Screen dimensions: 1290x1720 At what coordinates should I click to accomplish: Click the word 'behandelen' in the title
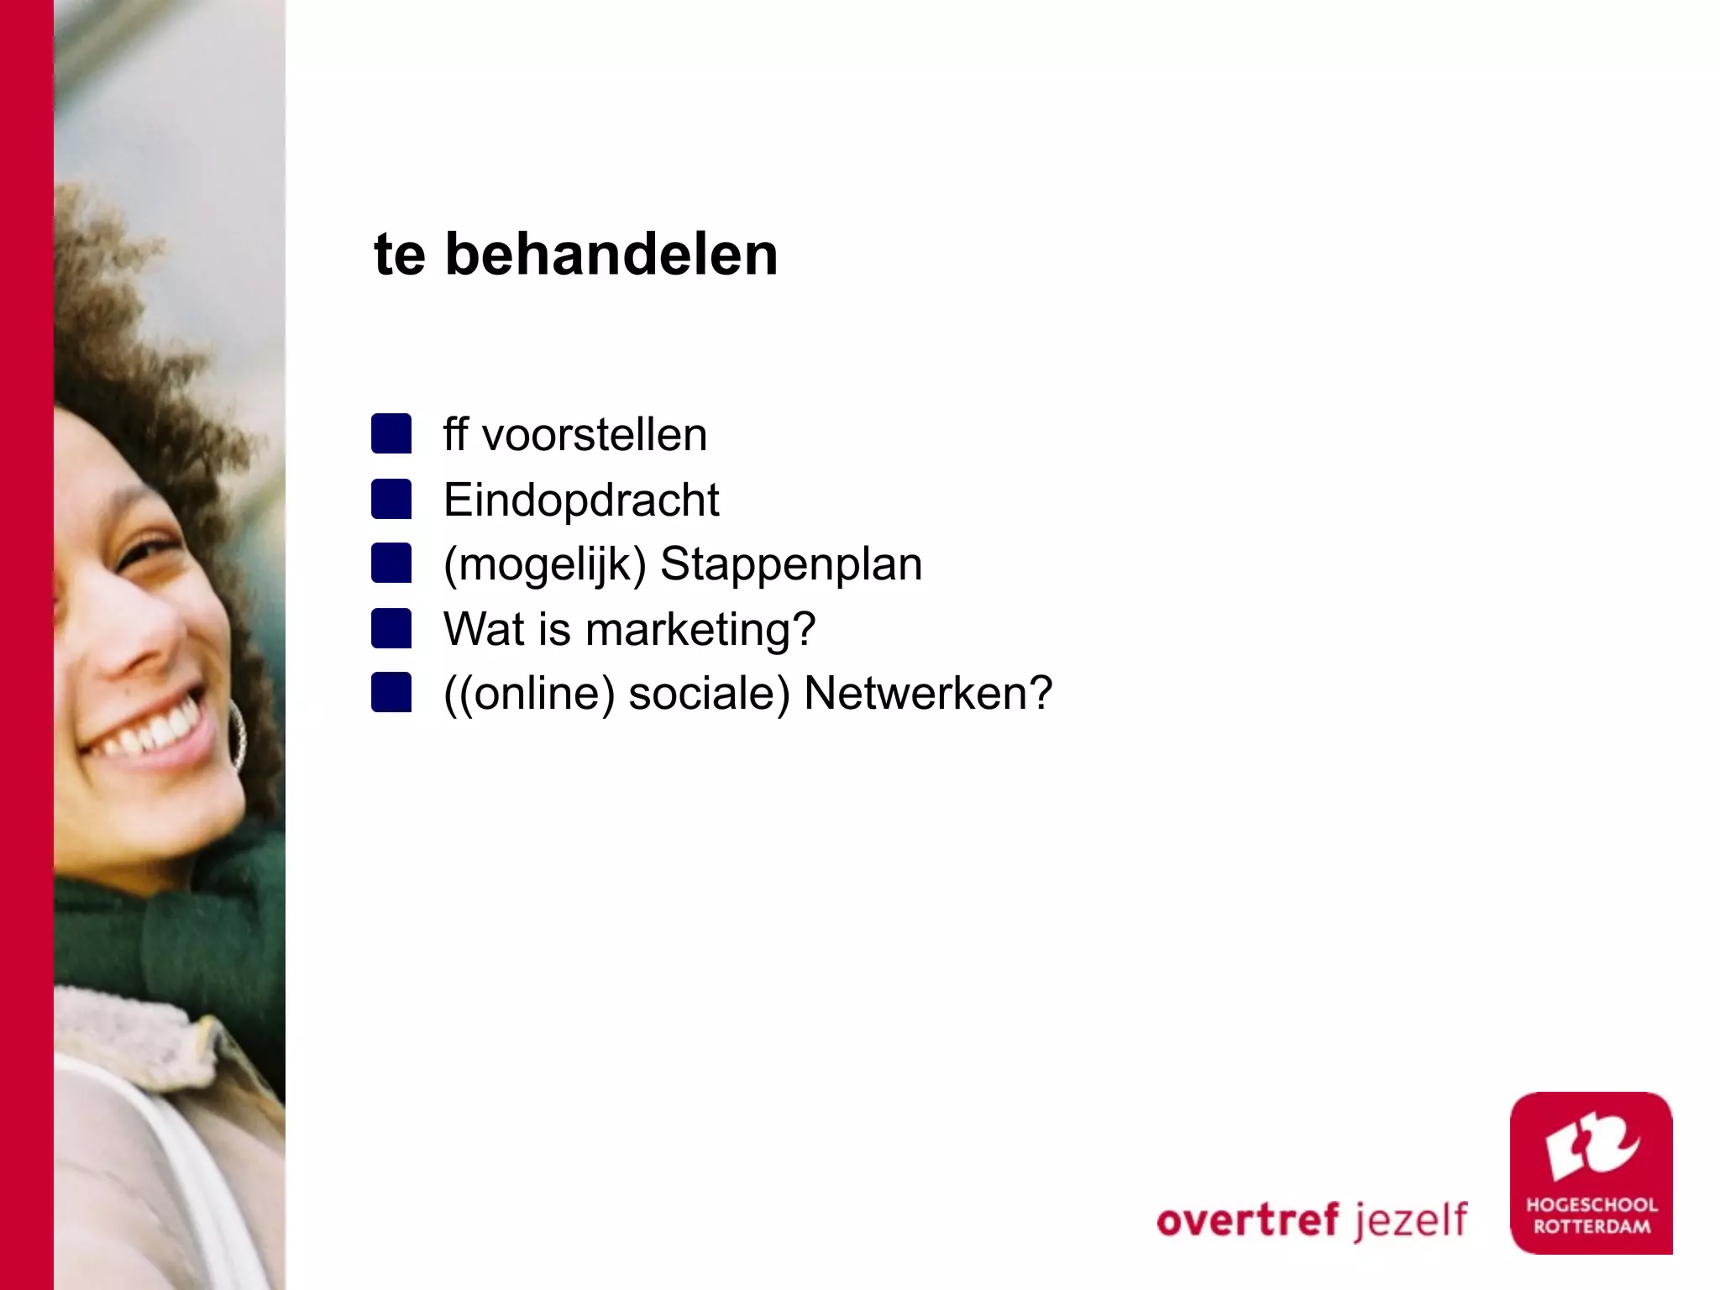click(611, 254)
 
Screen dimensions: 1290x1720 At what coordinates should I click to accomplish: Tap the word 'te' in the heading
click(399, 255)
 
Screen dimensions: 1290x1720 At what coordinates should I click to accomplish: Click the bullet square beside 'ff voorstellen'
click(391, 433)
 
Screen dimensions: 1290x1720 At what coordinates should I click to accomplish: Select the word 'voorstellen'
click(595, 435)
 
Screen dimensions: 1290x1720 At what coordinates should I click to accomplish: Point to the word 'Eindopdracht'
click(581, 501)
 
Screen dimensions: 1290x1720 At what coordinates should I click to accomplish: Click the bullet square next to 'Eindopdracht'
click(391, 499)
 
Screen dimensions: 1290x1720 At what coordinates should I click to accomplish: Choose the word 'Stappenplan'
click(791, 564)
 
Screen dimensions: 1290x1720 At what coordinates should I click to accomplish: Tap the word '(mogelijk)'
click(545, 564)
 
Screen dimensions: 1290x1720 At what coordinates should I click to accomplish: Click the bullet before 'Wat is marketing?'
click(391, 628)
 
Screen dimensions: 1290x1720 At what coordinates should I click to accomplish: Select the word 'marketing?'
click(700, 630)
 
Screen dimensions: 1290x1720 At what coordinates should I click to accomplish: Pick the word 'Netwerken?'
click(928, 694)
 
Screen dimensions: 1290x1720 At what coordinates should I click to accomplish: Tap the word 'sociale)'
click(710, 694)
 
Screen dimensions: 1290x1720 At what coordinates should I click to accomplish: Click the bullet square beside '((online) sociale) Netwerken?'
click(391, 693)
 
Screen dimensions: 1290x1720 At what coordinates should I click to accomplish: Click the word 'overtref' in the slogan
click(1251, 1220)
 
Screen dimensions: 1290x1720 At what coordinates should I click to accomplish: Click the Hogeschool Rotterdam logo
click(1591, 1172)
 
